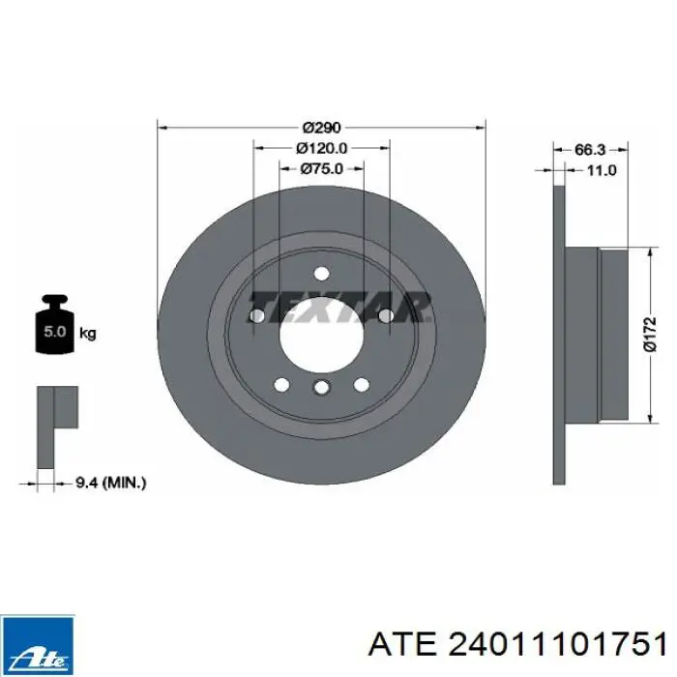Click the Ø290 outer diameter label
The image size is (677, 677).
point(321,128)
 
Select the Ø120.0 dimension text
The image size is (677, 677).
point(321,148)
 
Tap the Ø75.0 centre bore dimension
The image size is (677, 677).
point(321,168)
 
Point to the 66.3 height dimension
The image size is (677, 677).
point(590,150)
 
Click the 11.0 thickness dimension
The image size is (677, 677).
point(602,170)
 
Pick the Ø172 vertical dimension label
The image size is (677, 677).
point(650,335)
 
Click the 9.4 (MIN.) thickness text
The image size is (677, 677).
point(111,483)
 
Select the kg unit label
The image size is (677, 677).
point(88,334)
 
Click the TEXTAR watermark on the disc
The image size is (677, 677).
point(340,307)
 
